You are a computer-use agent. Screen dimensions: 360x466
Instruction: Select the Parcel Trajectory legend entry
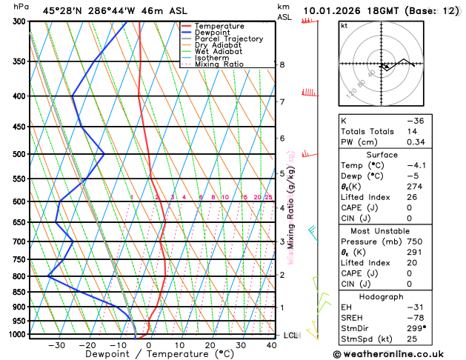coord(229,39)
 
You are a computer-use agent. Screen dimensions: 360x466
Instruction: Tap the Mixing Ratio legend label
coord(223,64)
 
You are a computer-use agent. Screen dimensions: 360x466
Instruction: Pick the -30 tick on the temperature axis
coord(56,344)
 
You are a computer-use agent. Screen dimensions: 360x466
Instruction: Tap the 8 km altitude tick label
coord(282,64)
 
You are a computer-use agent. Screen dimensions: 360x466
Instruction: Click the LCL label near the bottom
coord(290,336)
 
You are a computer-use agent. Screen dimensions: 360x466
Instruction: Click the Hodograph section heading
coord(382,296)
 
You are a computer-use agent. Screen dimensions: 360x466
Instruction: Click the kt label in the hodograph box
coord(344,26)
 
